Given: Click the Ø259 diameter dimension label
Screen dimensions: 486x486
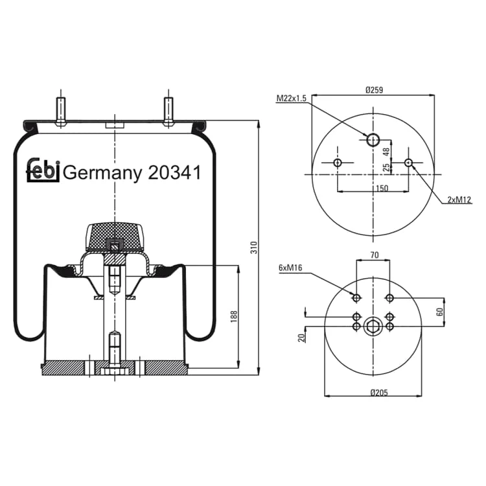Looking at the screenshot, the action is coord(374,90).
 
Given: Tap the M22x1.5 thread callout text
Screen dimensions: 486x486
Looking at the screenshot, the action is coord(292,98).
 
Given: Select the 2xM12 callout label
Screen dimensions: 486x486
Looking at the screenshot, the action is coord(459,200).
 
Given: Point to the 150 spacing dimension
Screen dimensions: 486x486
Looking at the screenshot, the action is coord(382,188).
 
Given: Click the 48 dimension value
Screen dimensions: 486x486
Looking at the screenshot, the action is coord(386,152).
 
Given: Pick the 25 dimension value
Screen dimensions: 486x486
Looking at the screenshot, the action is coord(386,167).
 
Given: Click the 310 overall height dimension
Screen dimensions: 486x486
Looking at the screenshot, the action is coord(254,248).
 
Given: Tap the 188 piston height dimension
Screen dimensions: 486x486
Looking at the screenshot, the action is coord(234,317).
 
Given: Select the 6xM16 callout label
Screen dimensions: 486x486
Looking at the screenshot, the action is coord(290,268).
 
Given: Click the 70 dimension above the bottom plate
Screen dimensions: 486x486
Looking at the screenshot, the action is coord(375,255).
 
